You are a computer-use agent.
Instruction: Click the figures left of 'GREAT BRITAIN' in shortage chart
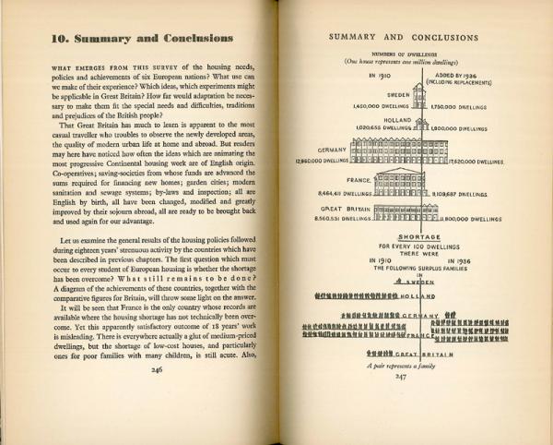click(366, 379)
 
